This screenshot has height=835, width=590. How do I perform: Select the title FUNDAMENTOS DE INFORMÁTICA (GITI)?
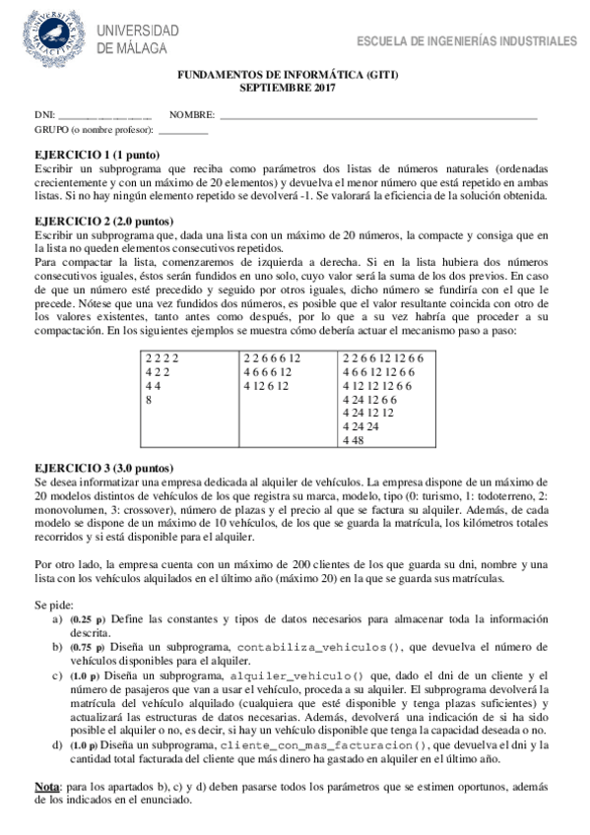[288, 75]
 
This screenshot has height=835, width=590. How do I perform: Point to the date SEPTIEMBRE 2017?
[288, 88]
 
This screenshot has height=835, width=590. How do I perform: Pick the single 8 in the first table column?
[149, 400]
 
